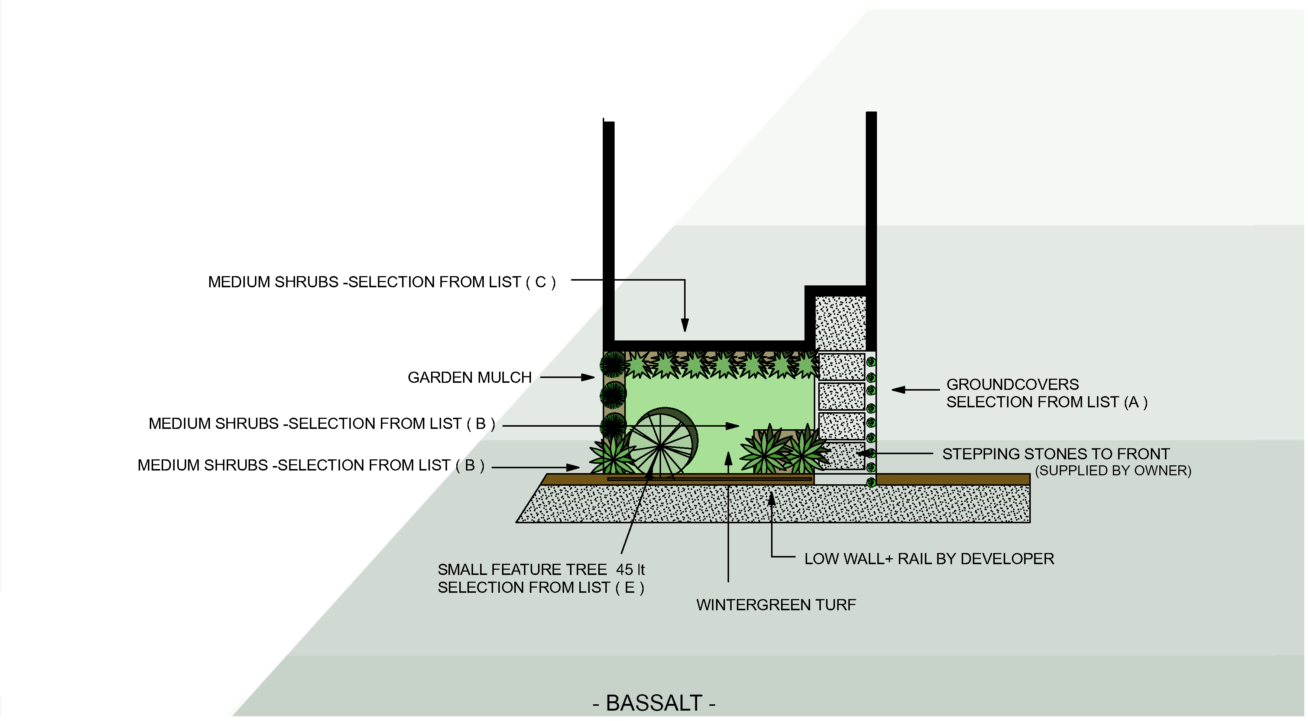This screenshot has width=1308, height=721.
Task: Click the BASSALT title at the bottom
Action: click(654, 703)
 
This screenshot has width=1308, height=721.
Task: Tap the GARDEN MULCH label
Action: click(470, 377)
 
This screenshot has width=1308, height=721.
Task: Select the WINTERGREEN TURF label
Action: click(776, 605)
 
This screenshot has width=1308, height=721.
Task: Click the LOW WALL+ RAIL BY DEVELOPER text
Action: click(929, 559)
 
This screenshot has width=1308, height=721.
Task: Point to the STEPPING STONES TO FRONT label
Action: click(1056, 453)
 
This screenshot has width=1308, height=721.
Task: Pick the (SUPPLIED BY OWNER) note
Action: click(1113, 471)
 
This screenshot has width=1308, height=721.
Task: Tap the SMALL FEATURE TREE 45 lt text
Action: click(541, 569)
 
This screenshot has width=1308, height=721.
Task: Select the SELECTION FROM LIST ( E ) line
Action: click(541, 588)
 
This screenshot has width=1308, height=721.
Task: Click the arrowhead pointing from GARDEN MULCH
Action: click(589, 377)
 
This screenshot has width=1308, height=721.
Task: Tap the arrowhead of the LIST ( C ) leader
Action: click(685, 326)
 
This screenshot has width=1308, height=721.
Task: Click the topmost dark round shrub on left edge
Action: click(613, 364)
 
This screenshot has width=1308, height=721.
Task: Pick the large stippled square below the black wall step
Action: click(840, 323)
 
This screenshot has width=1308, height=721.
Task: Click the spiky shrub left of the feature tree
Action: click(612, 455)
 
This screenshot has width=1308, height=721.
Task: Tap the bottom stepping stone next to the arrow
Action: click(841, 455)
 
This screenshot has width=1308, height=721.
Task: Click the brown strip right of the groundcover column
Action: click(953, 479)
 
